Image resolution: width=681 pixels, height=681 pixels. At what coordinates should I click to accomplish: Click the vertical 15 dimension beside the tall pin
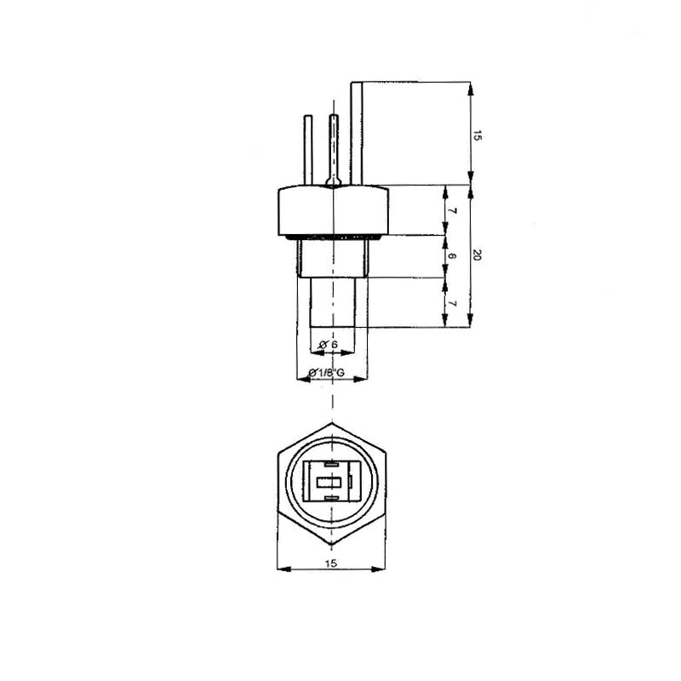tap(478, 134)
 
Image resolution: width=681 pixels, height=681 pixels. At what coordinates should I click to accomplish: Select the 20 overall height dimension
tap(478, 255)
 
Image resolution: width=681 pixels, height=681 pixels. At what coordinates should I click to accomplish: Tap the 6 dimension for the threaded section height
tap(452, 256)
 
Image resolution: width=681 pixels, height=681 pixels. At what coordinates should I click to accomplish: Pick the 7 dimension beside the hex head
tap(452, 210)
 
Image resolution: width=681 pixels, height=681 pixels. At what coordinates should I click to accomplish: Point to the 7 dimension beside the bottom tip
tap(452, 303)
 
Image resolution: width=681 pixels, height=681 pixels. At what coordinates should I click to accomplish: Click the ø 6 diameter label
tap(329, 344)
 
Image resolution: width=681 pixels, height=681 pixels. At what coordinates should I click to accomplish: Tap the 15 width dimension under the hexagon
tap(332, 563)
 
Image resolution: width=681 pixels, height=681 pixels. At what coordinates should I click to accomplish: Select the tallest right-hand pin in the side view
tap(357, 132)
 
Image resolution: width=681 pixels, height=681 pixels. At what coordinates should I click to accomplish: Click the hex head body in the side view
tap(333, 209)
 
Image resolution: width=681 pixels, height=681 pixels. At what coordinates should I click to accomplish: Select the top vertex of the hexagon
tap(333, 423)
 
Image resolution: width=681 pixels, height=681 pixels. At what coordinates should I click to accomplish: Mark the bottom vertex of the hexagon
tap(333, 546)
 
